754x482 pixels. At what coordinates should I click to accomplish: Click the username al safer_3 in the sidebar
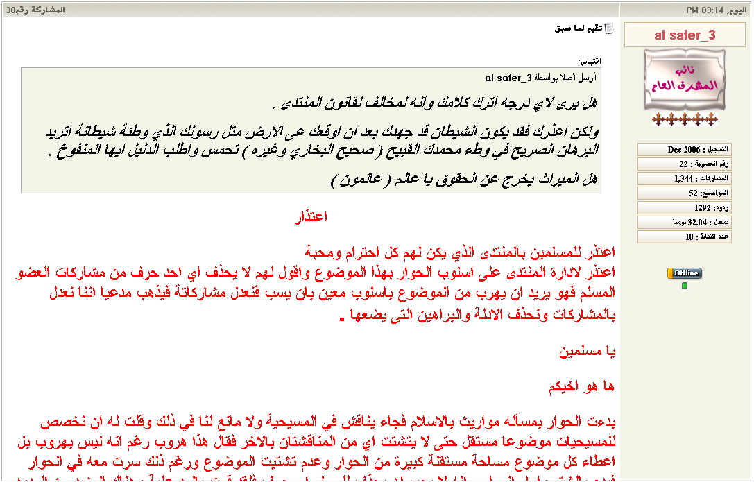(x=685, y=35)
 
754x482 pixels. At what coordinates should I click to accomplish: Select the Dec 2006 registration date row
(x=684, y=150)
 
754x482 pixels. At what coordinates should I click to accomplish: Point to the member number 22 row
(x=684, y=164)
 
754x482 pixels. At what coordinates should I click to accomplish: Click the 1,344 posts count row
(x=684, y=179)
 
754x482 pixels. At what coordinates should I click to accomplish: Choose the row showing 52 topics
(x=684, y=193)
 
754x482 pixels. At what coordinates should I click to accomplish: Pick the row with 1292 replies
(x=684, y=208)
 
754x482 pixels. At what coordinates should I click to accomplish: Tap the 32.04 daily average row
(x=684, y=223)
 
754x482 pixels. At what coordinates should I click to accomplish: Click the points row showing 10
(x=684, y=237)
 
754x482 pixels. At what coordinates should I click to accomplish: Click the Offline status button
(x=685, y=273)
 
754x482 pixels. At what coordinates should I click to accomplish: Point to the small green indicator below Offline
(x=685, y=286)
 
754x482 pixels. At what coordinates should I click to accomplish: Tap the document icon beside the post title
(x=610, y=28)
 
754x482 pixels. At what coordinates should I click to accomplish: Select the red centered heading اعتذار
(x=311, y=217)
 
